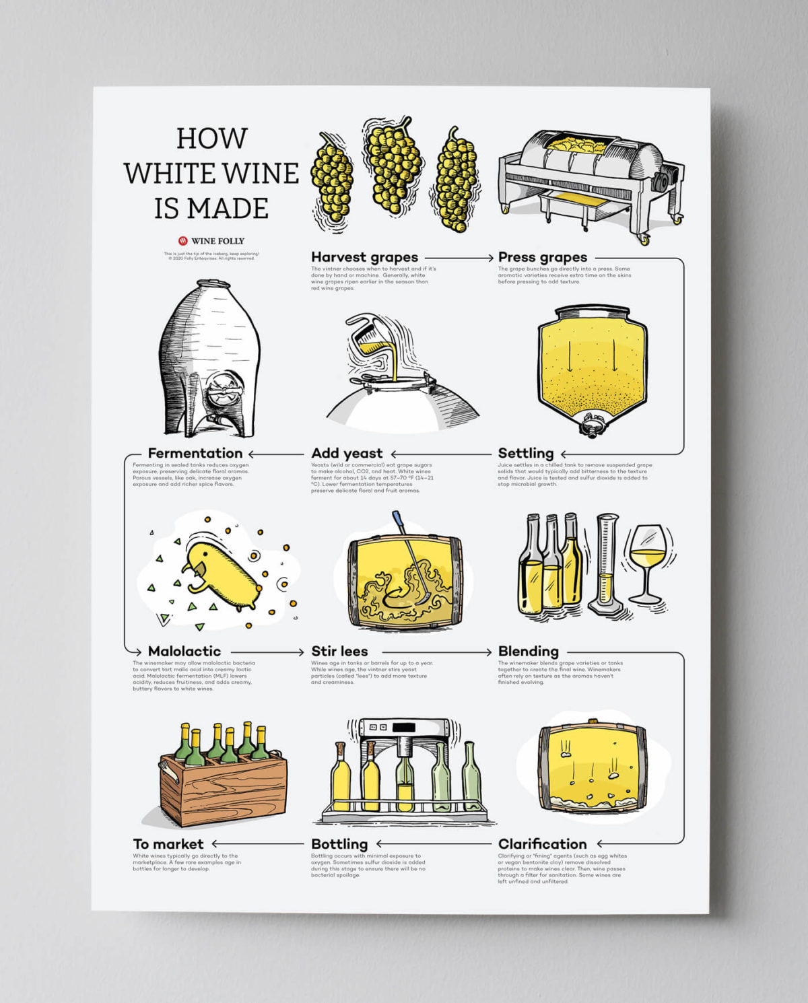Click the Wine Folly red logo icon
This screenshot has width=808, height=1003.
pyautogui.click(x=182, y=241)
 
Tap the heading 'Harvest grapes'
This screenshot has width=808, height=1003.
pyautogui.click(x=364, y=257)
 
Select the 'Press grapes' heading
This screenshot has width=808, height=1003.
pyautogui.click(x=542, y=257)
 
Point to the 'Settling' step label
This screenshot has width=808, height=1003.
pyautogui.click(x=525, y=453)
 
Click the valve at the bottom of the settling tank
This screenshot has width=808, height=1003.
pyautogui.click(x=592, y=425)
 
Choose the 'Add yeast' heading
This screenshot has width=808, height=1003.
pyautogui.click(x=346, y=453)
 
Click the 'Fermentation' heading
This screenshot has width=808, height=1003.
pyautogui.click(x=195, y=453)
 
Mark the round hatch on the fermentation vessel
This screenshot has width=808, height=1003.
pyautogui.click(x=223, y=392)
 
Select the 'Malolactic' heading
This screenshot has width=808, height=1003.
pyautogui.click(x=184, y=651)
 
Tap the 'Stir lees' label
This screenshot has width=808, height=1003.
pyautogui.click(x=339, y=651)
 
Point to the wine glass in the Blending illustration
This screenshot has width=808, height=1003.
pyautogui.click(x=647, y=562)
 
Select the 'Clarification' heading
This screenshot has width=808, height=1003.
pyautogui.click(x=542, y=843)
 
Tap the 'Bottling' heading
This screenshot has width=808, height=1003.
pyautogui.click(x=339, y=843)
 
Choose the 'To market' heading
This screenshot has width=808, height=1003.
pyautogui.click(x=168, y=843)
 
